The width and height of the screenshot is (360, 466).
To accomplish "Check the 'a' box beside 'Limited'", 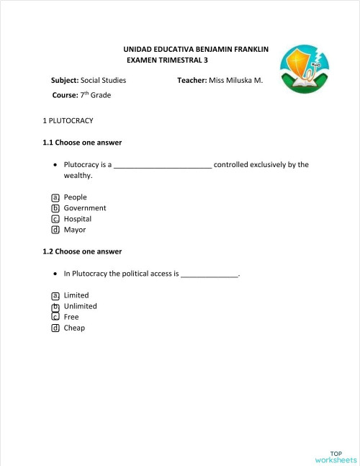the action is coord(55,295).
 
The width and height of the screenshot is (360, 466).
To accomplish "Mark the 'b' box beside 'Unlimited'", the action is coord(55,306).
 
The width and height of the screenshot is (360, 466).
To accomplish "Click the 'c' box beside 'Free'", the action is coord(55,317).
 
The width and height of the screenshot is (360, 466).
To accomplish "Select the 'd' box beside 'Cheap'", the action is coord(55,328).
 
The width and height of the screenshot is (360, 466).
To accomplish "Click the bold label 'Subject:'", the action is coord(65,80).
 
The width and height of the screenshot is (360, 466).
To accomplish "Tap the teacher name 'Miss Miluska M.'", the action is coord(235,80).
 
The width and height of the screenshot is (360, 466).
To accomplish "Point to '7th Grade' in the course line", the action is coord(95,95).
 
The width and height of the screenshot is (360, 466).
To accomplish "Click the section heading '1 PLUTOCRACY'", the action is coord(68,120).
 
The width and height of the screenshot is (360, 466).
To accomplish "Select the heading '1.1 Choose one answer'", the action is coord(82,142).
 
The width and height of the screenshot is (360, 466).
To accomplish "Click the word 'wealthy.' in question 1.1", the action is coord(78,175).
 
